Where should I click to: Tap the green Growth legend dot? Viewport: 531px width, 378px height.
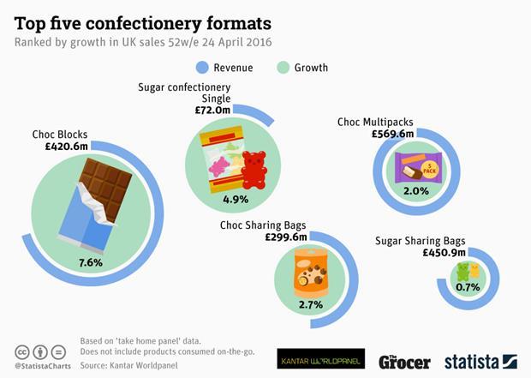286,67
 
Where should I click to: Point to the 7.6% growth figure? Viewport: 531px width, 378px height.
90,261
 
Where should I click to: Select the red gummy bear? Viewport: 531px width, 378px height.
254,169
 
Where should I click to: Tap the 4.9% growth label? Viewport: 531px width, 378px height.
235,199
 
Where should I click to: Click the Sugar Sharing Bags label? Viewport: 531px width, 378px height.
420,241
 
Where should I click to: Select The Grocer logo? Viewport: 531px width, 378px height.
403,360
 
